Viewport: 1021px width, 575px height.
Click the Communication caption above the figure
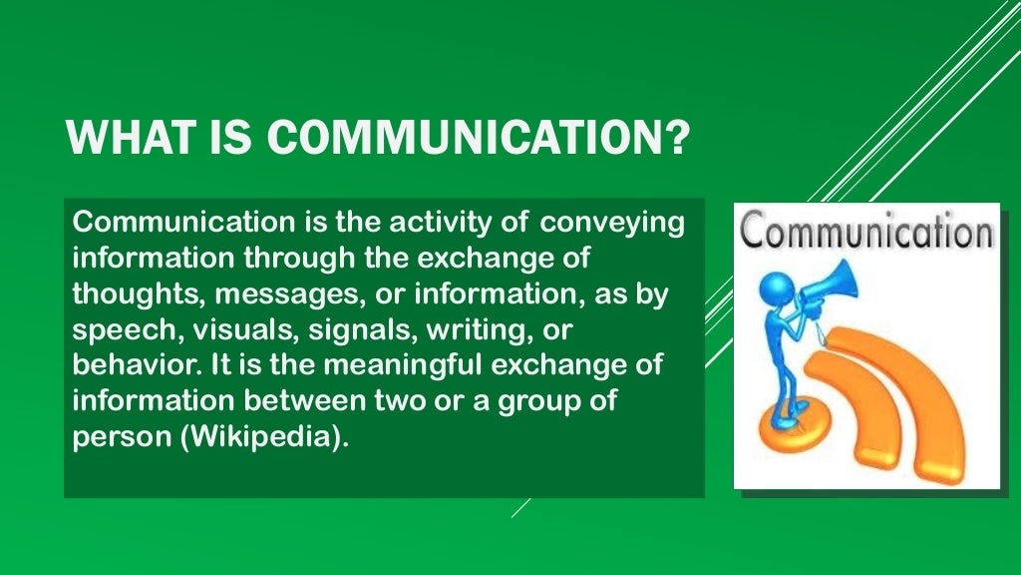(x=866, y=232)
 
